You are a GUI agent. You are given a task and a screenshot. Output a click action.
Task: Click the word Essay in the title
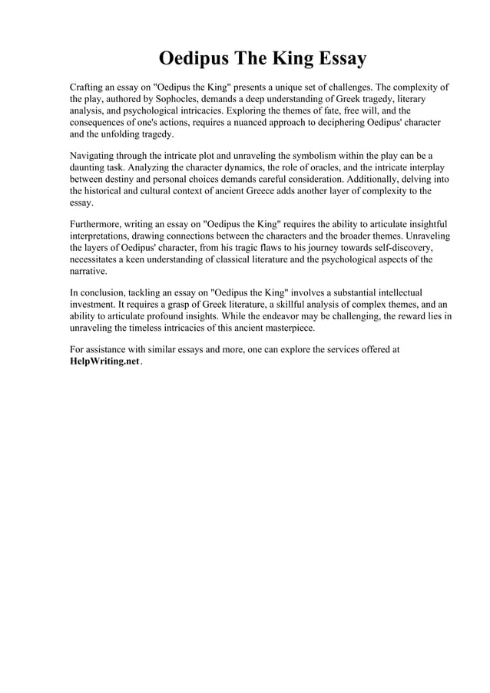click(x=337, y=59)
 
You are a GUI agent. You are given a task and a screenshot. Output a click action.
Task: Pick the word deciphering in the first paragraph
click(x=335, y=121)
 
